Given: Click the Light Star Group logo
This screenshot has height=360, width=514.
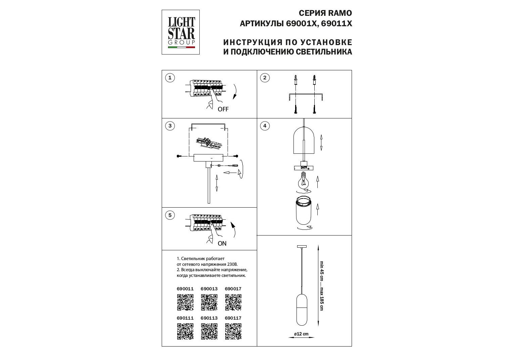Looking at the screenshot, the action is (x=181, y=32).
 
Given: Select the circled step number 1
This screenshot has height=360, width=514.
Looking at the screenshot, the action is (x=170, y=78).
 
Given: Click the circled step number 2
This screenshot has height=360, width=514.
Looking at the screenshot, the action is (x=265, y=78).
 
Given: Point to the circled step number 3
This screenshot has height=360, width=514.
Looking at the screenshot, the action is (x=170, y=126).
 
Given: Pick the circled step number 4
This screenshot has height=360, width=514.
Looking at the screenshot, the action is (x=265, y=126).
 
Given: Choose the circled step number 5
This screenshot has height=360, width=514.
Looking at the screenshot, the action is (x=170, y=215).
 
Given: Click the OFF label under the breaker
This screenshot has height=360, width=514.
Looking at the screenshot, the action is (x=223, y=109).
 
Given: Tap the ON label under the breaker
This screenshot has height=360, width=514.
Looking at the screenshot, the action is (x=222, y=243).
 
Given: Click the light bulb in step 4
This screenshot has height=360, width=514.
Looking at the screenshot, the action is (x=303, y=181).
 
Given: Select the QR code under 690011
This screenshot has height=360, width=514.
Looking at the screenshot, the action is (x=185, y=302).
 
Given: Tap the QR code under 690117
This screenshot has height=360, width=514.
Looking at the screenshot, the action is (x=233, y=331).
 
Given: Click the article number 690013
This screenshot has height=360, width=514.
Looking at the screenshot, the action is (x=209, y=289).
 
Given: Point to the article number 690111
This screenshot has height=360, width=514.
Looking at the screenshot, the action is (x=185, y=318).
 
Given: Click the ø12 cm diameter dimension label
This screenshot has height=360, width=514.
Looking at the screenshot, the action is (x=301, y=334).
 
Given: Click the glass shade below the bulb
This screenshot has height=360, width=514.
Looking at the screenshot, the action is (x=303, y=211).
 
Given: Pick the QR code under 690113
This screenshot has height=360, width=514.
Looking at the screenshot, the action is (x=209, y=331).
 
